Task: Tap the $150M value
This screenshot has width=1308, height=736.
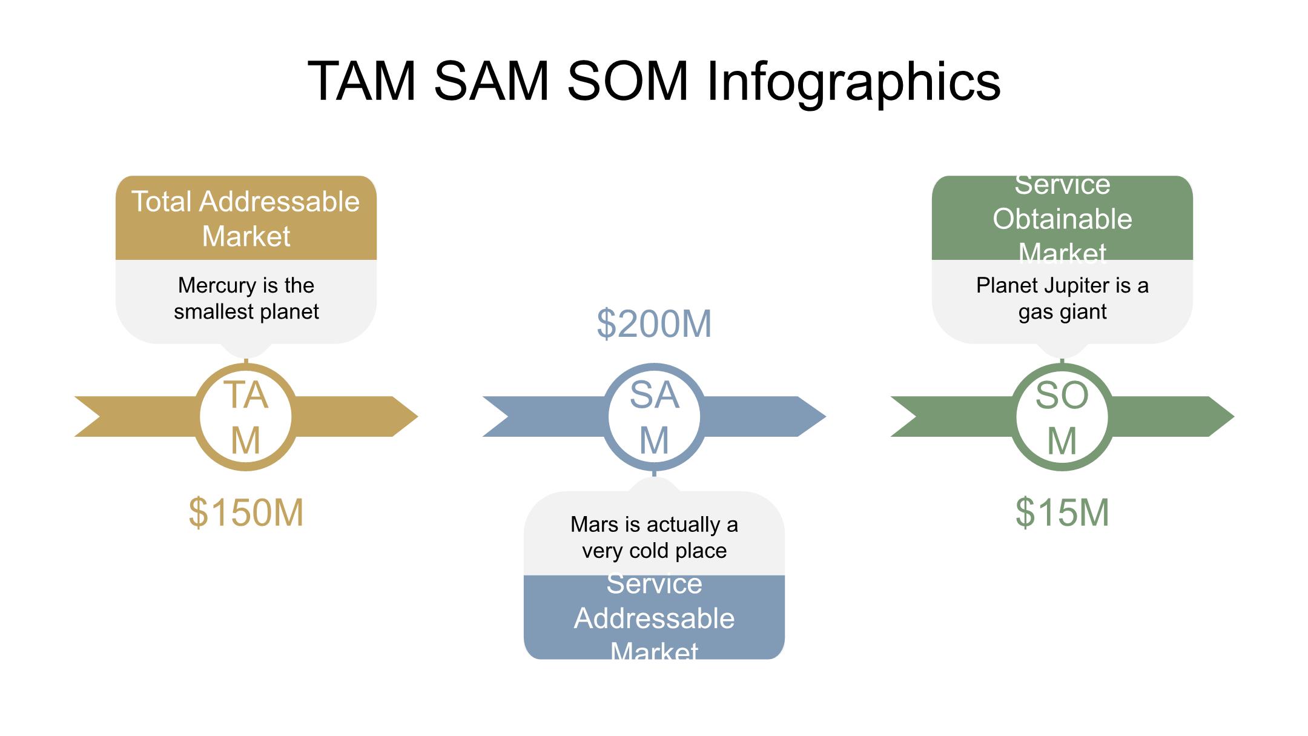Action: click(x=246, y=512)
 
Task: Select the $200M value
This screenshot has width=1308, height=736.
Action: click(x=654, y=323)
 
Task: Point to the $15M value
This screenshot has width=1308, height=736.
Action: click(x=1062, y=512)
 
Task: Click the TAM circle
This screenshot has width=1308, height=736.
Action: click(x=246, y=417)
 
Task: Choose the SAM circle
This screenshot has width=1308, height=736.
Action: click(x=654, y=417)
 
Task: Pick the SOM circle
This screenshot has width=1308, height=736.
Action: click(x=1062, y=417)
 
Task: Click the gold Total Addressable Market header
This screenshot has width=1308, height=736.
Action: click(x=246, y=218)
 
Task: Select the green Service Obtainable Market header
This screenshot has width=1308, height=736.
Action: click(x=1062, y=218)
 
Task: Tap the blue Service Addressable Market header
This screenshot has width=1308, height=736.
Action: click(x=654, y=617)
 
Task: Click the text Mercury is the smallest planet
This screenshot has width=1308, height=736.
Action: click(x=246, y=298)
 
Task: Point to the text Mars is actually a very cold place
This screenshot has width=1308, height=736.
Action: click(x=654, y=537)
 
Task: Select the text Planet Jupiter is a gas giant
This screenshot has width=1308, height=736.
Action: click(x=1062, y=298)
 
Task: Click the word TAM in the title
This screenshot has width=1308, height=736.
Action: click(x=362, y=82)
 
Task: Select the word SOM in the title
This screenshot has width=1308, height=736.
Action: click(x=627, y=82)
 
